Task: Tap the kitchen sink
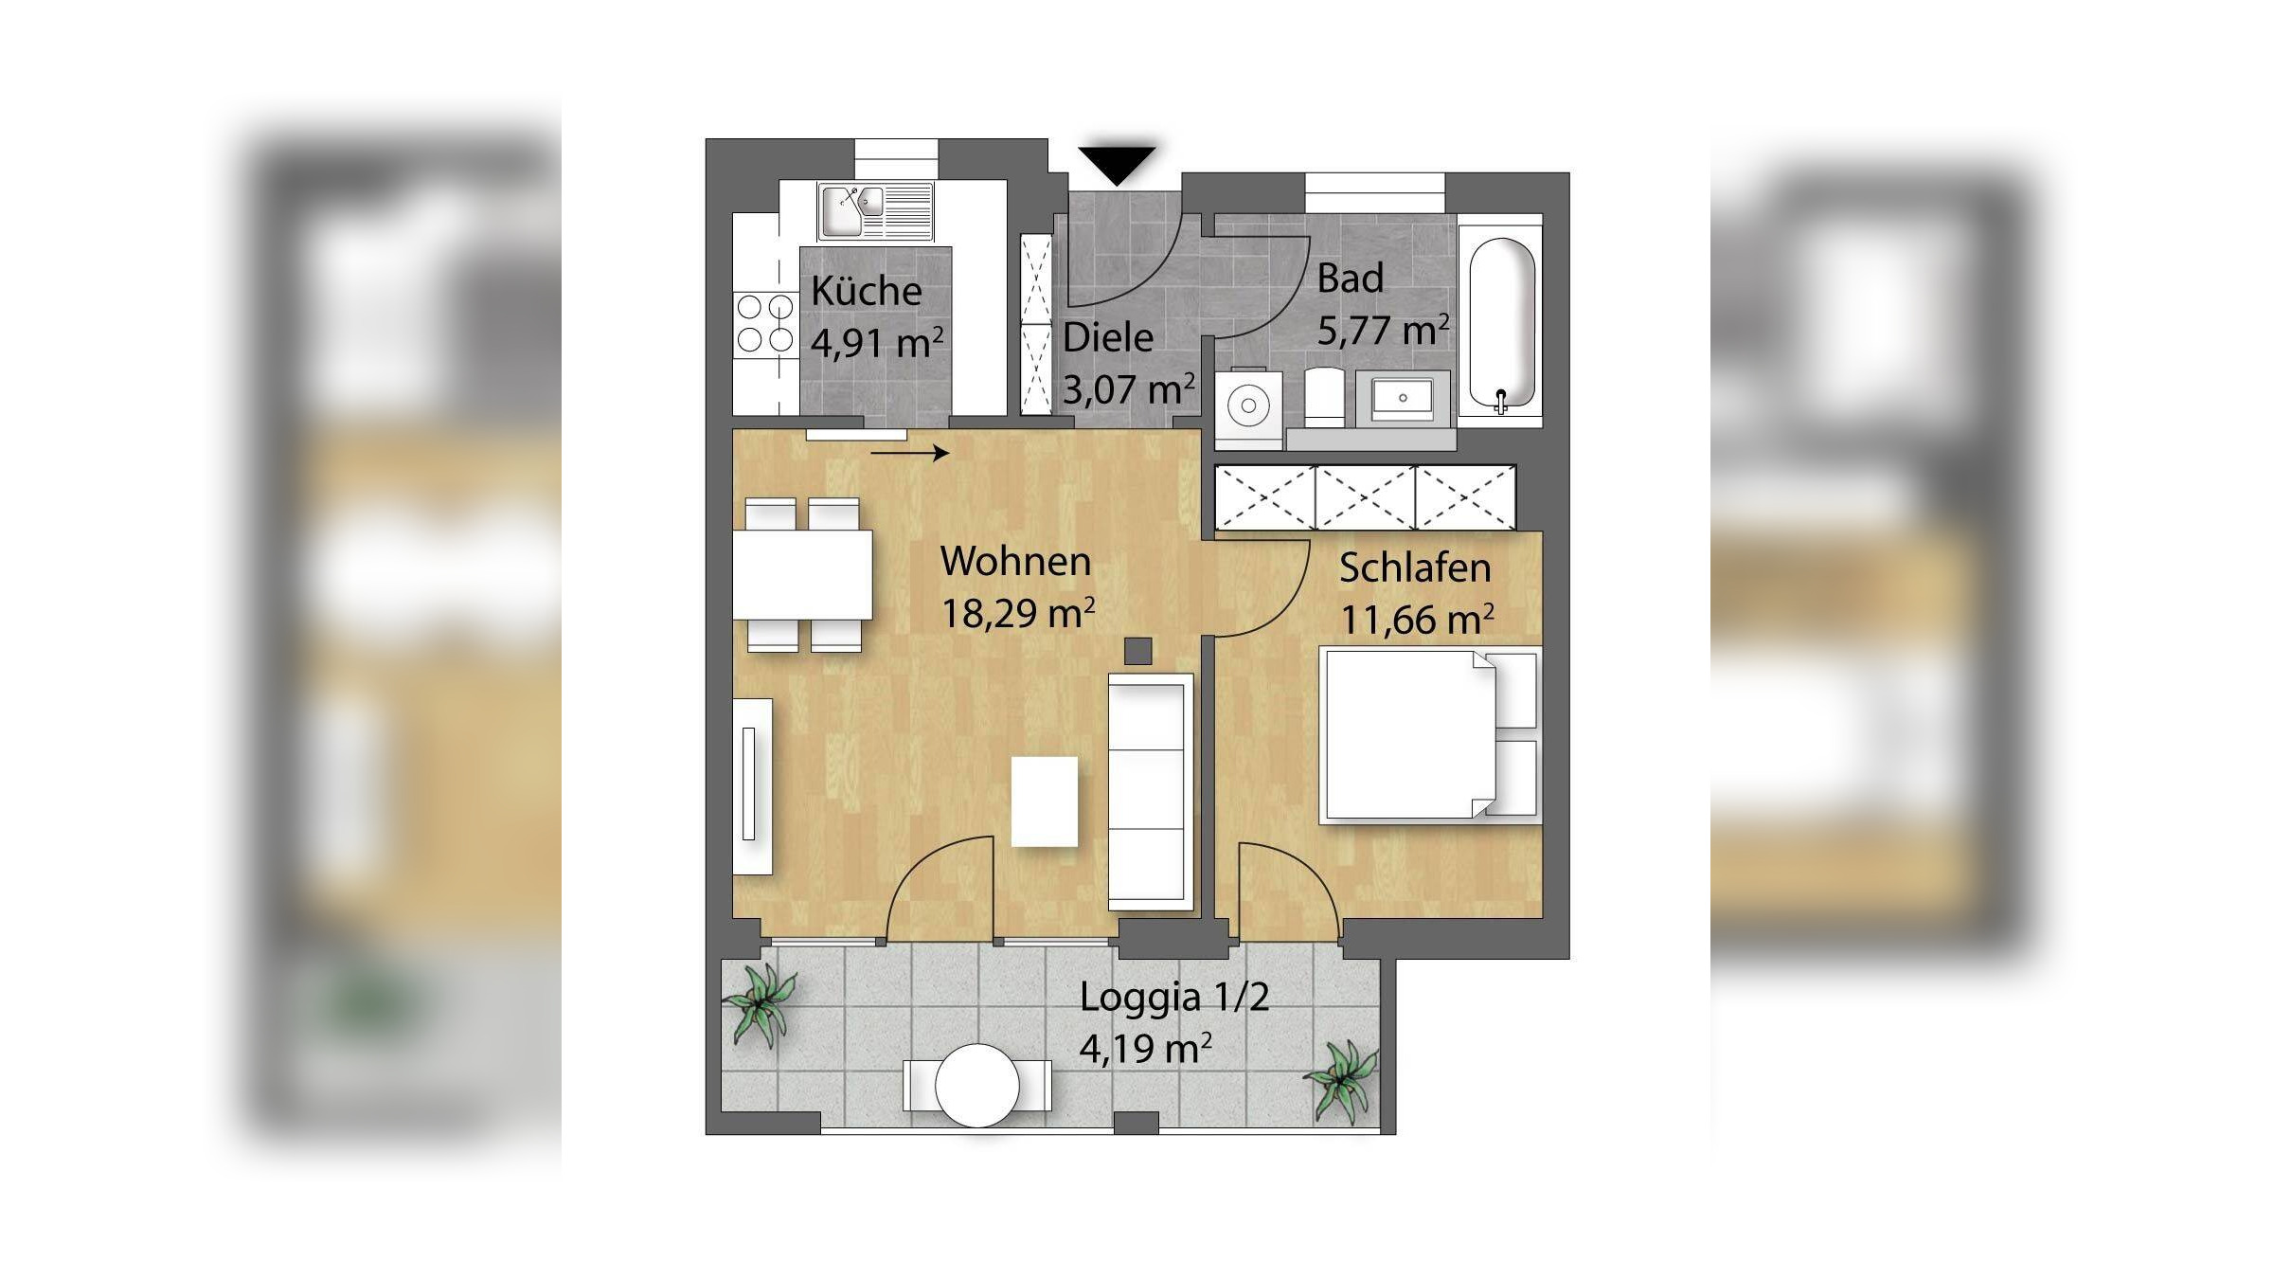(x=875, y=211)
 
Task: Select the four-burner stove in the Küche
(x=765, y=323)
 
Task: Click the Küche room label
(x=866, y=290)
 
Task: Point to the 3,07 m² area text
(x=1128, y=388)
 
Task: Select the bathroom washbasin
(x=1403, y=398)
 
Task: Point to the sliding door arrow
(x=909, y=454)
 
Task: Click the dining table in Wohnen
(x=802, y=575)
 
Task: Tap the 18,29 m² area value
(x=1017, y=613)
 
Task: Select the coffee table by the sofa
(x=1045, y=802)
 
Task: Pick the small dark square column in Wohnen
(x=1137, y=651)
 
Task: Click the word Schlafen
(x=1415, y=567)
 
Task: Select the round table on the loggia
(x=977, y=1086)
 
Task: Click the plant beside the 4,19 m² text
(x=1340, y=1081)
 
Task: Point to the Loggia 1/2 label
(x=1174, y=997)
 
